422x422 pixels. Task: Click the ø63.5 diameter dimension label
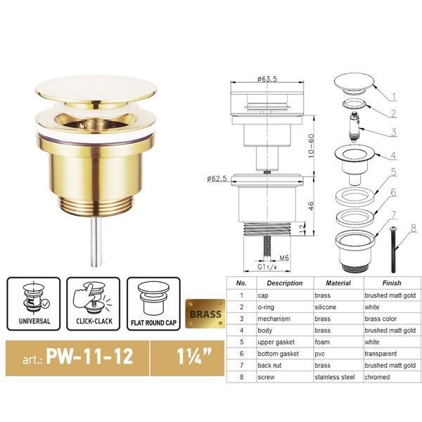point(267,79)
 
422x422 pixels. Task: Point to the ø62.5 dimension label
point(217,179)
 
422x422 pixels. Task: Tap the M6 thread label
point(284,258)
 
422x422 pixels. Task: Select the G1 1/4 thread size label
point(267,267)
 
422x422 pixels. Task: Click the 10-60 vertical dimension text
point(311,146)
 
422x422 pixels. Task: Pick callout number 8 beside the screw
point(414,229)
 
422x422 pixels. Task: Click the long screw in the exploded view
point(392,250)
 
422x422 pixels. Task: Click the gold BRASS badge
point(205,314)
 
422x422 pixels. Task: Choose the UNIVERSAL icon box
point(34,304)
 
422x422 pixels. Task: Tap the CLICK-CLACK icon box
point(94,304)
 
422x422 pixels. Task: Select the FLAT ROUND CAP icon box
point(153,304)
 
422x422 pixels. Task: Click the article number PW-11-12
point(89,357)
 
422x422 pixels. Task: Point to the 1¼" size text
point(194,357)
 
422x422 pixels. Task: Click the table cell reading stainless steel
point(335,377)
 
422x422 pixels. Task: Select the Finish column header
point(392,283)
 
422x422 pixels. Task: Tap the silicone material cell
point(326,307)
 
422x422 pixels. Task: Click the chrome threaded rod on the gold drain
point(96,241)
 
